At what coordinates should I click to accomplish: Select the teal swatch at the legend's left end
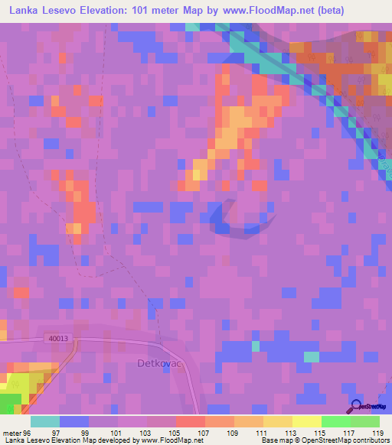(x=44, y=421)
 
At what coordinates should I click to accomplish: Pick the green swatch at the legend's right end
(x=364, y=421)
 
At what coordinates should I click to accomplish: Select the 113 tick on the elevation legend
(x=292, y=432)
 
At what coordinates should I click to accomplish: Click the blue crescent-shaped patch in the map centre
(x=234, y=218)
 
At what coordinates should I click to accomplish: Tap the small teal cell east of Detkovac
(x=311, y=356)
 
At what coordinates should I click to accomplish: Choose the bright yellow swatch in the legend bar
(x=306, y=421)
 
